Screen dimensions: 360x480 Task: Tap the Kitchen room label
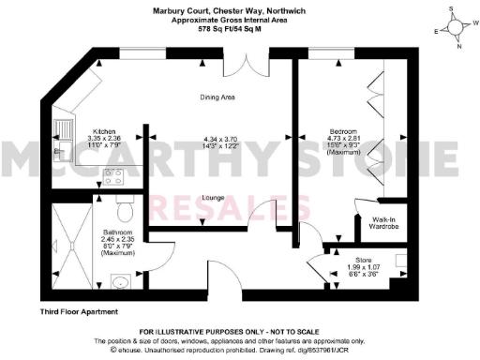pos(105,132)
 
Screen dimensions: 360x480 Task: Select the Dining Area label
pos(216,97)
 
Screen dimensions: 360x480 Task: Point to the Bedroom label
pos(341,132)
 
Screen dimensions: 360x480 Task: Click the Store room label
pos(363,259)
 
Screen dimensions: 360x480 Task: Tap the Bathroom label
pos(118,232)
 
